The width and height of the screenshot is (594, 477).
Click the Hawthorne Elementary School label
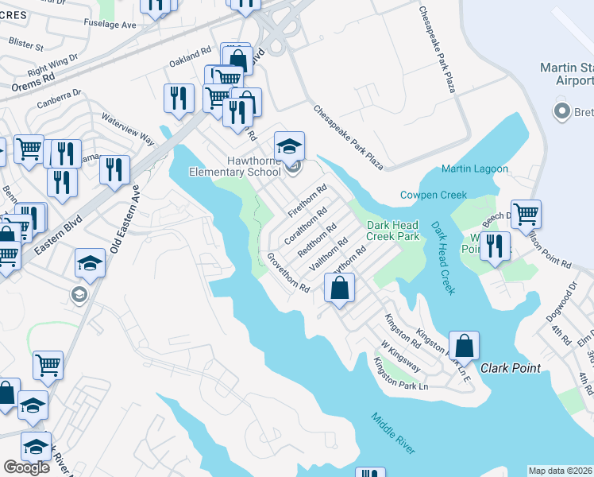coord(234,165)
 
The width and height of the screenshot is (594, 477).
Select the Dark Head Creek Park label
coord(392,231)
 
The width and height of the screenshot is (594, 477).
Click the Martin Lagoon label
coord(474,169)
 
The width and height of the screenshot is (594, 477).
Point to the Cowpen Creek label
coord(433,195)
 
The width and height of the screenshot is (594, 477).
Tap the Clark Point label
coord(511,368)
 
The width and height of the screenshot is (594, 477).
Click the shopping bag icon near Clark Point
coord(465,346)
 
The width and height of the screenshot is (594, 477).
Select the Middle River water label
coord(392,432)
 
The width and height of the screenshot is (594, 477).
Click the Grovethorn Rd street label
coord(287,273)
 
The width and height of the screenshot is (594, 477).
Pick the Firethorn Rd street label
coord(307,202)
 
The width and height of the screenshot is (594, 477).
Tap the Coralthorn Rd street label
coord(306,227)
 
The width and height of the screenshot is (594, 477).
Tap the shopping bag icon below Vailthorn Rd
coord(339,289)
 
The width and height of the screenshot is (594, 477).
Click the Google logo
coord(26,467)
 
